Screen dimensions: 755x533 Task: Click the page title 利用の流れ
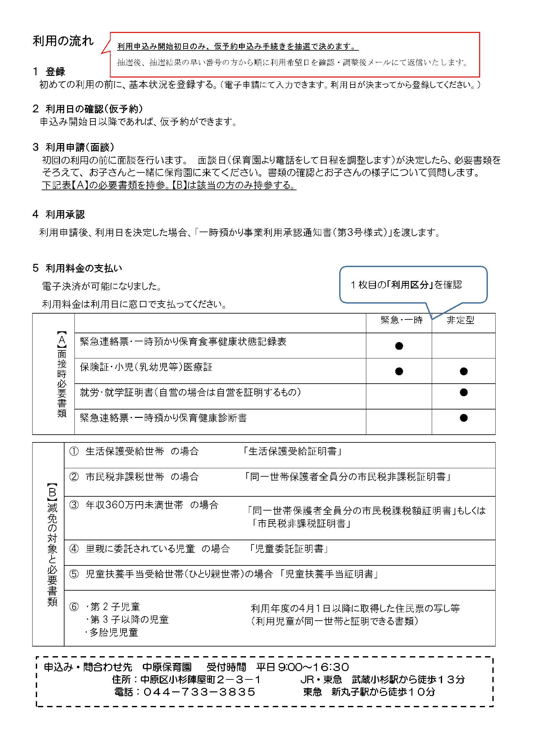coord(63,41)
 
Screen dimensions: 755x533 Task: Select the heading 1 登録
coord(49,71)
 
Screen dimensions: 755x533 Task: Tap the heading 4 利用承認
coord(59,215)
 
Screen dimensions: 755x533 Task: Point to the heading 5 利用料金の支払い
coord(77,268)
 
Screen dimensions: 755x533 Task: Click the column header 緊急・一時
coord(402,320)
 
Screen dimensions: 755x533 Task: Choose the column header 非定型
coord(460,320)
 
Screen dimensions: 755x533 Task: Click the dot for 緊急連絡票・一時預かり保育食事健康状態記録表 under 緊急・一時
coord(399,346)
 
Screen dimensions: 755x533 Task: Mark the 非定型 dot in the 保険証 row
coord(464,371)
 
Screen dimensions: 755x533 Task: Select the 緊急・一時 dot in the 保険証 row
coord(399,371)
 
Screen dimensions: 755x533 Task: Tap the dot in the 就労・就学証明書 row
coord(464,392)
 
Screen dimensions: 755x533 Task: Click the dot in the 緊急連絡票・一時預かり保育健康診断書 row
coord(464,418)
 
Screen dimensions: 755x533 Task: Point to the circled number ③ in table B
coord(74,505)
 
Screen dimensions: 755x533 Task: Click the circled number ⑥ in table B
coord(74,607)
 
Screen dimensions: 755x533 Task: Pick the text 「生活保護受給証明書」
coord(292,451)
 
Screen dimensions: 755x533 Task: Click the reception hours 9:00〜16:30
coord(313,667)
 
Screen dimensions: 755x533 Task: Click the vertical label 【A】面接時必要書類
coord(62,374)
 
